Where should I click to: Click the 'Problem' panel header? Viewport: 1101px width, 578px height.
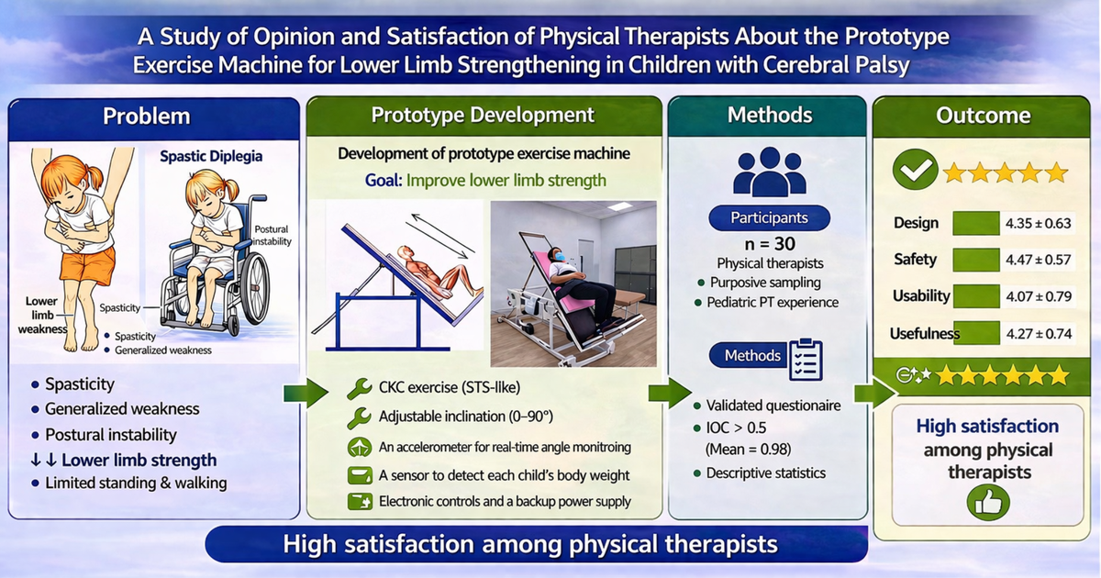click(x=147, y=117)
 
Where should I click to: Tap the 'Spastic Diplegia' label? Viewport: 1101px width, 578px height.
click(x=211, y=156)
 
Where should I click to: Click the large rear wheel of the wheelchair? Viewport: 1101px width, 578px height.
click(x=256, y=288)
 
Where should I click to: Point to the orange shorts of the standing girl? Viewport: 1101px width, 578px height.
click(x=87, y=266)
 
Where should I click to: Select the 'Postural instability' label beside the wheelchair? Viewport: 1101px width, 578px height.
click(x=272, y=236)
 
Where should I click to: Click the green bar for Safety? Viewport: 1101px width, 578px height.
click(x=976, y=260)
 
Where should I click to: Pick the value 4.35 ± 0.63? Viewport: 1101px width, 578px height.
click(x=1038, y=224)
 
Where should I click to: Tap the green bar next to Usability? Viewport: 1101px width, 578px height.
click(x=976, y=296)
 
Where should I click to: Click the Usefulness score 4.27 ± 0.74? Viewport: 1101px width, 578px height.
click(x=1039, y=334)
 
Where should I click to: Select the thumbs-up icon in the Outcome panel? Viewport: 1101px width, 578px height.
click(x=988, y=504)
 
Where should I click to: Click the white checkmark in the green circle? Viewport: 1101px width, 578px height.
click(x=916, y=170)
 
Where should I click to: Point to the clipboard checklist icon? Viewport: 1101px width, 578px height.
click(x=806, y=360)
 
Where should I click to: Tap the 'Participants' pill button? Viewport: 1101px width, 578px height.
click(x=769, y=217)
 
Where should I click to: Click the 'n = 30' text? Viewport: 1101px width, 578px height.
click(x=770, y=244)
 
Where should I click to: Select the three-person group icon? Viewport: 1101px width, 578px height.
click(x=770, y=172)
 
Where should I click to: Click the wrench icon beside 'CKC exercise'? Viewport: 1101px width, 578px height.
click(x=360, y=388)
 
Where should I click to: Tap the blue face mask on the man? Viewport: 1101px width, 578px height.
click(x=559, y=256)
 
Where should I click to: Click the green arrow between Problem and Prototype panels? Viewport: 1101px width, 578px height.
click(x=306, y=393)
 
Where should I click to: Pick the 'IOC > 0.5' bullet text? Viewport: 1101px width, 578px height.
click(x=736, y=428)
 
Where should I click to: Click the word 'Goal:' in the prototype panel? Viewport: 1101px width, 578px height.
click(x=384, y=181)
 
